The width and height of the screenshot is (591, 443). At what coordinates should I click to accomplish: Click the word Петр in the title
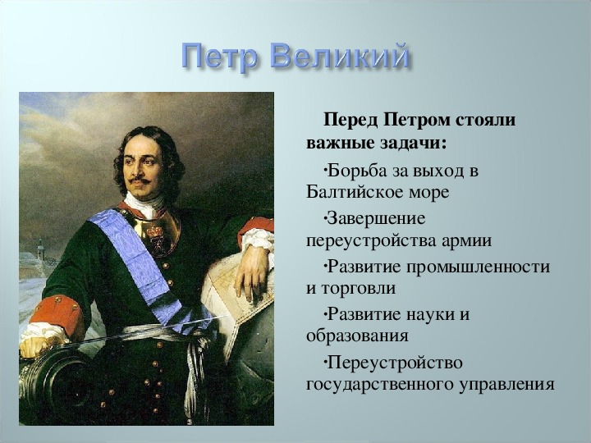219,57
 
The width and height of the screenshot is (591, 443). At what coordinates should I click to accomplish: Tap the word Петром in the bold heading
417,121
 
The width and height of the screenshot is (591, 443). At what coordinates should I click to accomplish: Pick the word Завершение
376,219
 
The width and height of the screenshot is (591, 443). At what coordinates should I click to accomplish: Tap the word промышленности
478,268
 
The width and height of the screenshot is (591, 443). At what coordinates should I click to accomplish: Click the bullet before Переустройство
324,363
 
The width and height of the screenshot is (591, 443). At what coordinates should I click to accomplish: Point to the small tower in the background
40,249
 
